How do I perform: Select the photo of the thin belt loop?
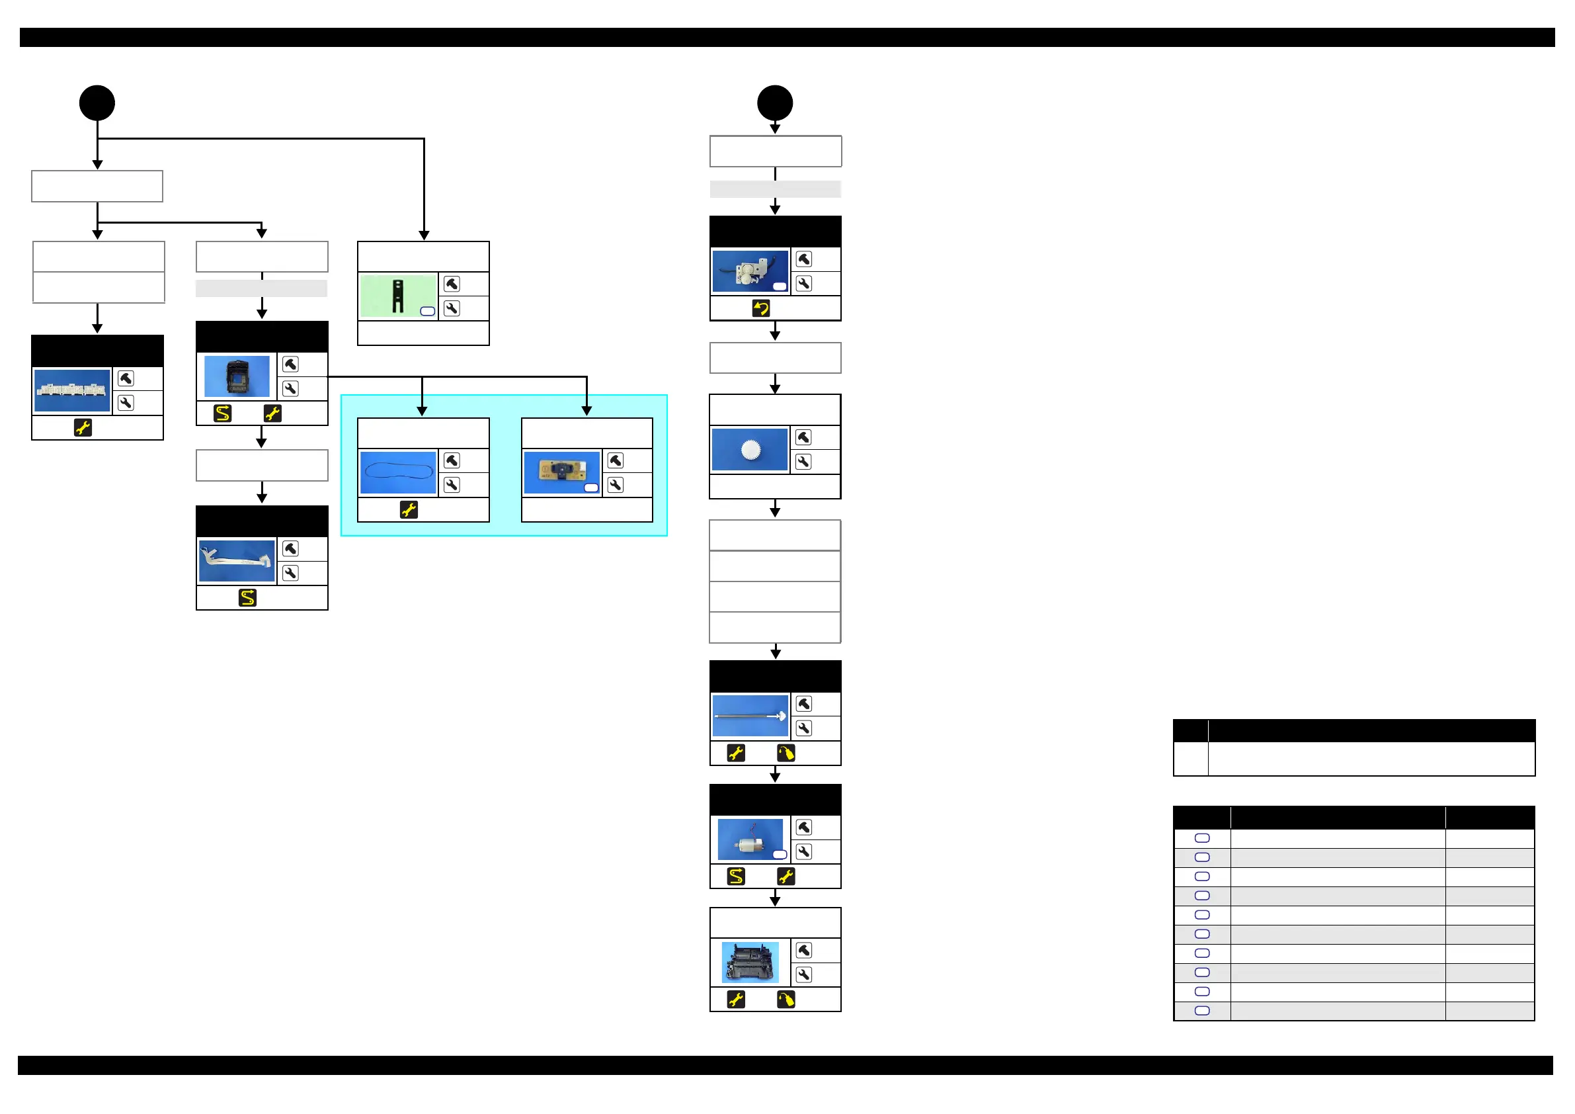[398, 472]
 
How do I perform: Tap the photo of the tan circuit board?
[562, 472]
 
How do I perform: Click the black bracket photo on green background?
[398, 296]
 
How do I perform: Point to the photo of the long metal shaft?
[750, 716]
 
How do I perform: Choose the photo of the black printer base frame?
[750, 962]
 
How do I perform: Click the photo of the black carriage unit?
[237, 376]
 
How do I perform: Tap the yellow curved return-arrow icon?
[761, 308]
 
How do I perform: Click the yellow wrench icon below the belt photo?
[409, 510]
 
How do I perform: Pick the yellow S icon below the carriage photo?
[222, 413]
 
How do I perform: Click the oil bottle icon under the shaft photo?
[786, 753]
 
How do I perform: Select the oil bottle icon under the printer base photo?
[786, 1000]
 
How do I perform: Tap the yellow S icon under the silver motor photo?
[736, 877]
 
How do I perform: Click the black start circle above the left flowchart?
[97, 103]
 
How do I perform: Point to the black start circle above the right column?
[775, 103]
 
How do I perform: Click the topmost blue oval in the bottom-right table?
[1202, 838]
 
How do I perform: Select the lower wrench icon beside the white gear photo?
[803, 462]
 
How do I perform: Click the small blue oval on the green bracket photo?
[427, 311]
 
